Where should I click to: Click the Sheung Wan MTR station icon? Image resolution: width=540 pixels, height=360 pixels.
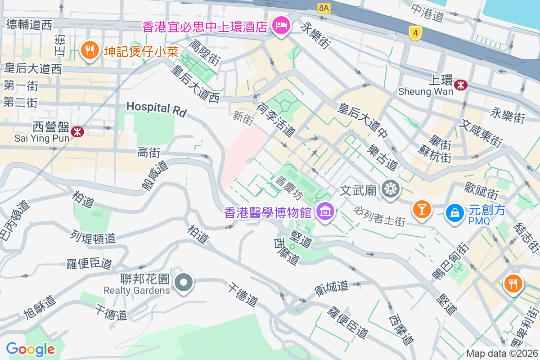461,85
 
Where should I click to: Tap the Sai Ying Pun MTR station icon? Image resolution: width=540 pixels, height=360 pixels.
78,131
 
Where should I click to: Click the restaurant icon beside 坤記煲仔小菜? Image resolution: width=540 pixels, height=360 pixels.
90,50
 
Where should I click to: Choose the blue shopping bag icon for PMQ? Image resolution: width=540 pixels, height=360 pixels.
455,212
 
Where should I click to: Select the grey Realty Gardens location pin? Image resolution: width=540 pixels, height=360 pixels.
184,283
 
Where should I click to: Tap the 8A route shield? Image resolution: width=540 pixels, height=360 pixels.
324,8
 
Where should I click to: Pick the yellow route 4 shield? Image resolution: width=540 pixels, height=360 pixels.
415,33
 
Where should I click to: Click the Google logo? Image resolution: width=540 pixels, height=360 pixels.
30,349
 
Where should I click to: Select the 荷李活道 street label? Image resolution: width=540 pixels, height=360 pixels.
276,119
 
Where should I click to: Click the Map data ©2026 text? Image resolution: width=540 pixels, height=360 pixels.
502,354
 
